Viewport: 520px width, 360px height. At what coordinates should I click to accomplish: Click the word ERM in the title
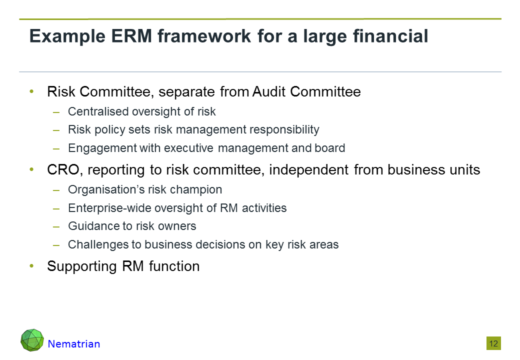pos(131,36)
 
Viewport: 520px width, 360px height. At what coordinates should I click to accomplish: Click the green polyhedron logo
pos(32,340)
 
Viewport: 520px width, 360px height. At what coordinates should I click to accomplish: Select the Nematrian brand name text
pos(74,344)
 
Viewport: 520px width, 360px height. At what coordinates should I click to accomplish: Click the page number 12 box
pos(493,343)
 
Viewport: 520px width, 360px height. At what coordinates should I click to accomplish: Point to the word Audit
pos(269,92)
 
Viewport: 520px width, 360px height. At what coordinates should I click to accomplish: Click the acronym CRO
pos(63,169)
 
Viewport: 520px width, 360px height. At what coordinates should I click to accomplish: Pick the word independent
pos(309,169)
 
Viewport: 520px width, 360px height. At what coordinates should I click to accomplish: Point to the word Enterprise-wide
pos(110,208)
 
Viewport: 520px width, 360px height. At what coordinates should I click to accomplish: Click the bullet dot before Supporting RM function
pos(32,265)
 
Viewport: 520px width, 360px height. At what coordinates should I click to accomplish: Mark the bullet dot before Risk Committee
pos(32,91)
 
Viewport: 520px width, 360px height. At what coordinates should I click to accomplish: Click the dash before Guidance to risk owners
pos(56,226)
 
